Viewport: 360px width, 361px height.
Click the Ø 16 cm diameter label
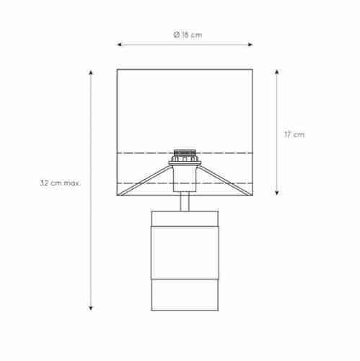tap(188, 35)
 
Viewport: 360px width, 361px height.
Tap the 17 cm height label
tap(294, 134)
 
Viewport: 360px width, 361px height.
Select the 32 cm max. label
tap(61, 183)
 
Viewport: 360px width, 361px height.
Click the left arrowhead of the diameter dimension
tap(119, 45)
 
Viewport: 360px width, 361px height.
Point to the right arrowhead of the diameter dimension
tap(250, 45)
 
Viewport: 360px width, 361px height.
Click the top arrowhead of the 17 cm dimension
tap(277, 71)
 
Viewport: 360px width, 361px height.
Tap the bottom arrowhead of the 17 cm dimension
tap(277, 193)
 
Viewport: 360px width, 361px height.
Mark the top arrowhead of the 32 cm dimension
tap(91, 72)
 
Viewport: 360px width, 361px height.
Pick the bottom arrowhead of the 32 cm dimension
tap(91, 308)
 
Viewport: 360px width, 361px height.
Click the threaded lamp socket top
tap(185, 153)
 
